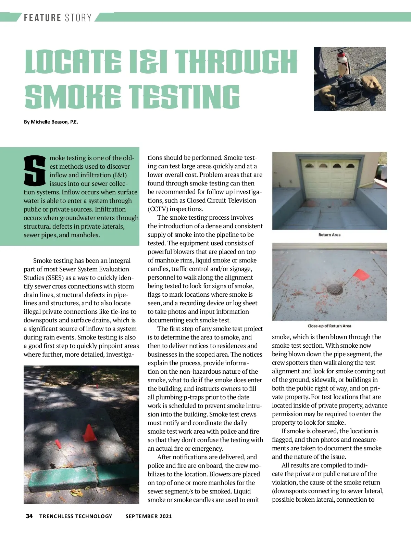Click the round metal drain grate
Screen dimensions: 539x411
coord(335,290)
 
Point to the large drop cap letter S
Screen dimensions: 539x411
coord(35,170)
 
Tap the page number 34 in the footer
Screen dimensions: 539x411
coord(29,516)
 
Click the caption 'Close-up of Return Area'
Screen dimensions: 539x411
coord(329,326)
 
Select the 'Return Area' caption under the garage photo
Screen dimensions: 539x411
coord(329,235)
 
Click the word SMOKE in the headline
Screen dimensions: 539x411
coord(73,97)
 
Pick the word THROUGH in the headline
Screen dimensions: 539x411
coord(237,62)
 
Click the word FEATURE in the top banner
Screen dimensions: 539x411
coord(42,17)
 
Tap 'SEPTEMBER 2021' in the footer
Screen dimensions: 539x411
coord(149,516)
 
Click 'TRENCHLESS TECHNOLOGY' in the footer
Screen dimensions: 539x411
coord(76,516)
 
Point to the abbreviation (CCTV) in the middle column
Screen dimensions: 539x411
coord(158,209)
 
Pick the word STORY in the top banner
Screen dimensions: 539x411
coord(78,17)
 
